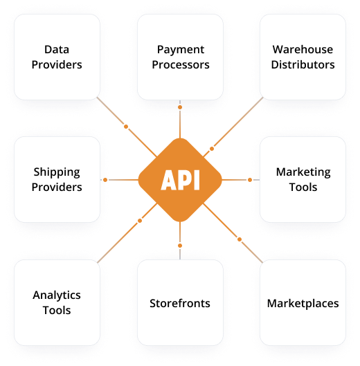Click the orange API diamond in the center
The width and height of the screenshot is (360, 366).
[180, 180]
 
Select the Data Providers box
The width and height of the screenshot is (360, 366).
[57, 57]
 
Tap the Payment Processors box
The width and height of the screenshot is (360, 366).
[180, 57]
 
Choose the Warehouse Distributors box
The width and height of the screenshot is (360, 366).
[303, 57]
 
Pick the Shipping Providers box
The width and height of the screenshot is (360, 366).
[57, 179]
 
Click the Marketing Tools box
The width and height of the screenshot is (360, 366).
[303, 179]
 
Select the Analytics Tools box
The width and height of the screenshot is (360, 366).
[57, 302]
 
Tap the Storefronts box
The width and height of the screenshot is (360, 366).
[180, 302]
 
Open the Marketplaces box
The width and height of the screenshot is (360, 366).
[303, 302]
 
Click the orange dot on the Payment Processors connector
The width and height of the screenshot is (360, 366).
[180, 107]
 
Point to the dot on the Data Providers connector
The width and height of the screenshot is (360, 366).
[126, 127]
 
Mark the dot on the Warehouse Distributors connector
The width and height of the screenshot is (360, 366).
[212, 149]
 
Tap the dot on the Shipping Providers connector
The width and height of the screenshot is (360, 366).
[105, 180]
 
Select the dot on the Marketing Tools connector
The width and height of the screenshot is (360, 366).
[250, 180]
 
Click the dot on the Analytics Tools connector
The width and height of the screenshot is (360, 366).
[140, 221]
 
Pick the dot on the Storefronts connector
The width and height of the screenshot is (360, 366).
[180, 246]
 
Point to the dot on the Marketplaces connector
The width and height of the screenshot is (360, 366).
[240, 239]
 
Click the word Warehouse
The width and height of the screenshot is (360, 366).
[303, 50]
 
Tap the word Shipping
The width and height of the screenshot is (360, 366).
[57, 173]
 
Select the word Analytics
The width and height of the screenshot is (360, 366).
[57, 295]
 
